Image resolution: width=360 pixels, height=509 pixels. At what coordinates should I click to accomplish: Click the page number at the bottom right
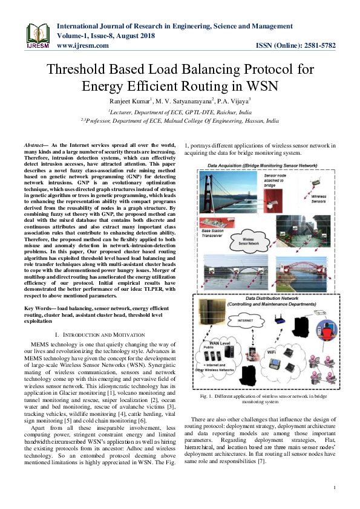point(335,487)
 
